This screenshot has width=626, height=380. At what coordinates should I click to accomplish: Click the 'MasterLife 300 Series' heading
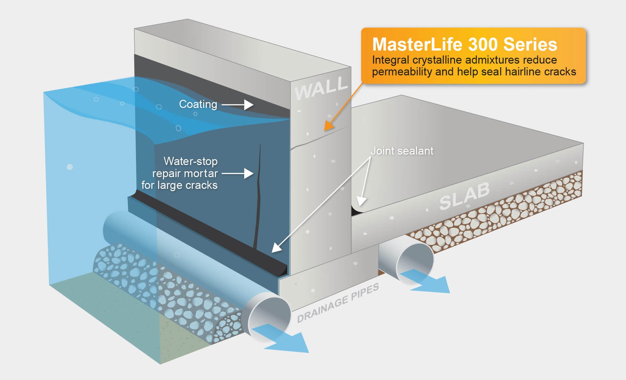[465, 44]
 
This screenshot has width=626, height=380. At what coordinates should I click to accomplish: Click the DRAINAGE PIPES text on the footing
[338, 303]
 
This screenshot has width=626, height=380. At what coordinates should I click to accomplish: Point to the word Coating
[198, 104]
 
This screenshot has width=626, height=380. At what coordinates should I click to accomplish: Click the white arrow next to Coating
[238, 105]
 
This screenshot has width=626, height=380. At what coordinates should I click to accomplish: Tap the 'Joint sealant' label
[402, 151]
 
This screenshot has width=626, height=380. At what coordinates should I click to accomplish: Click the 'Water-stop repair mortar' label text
[185, 173]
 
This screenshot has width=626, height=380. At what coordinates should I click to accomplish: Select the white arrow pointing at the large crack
[238, 173]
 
